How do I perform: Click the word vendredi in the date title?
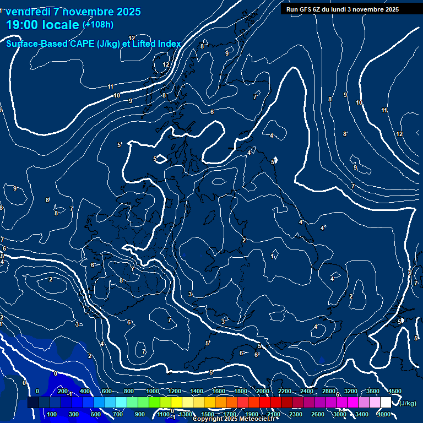[29, 12]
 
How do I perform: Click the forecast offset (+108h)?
[98, 24]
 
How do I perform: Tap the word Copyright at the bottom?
[208, 419]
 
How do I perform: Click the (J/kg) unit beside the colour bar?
[408, 404]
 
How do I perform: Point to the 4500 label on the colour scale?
[394, 391]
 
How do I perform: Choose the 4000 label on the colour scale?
[384, 414]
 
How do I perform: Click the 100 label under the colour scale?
[52, 414]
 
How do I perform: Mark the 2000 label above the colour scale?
[262, 391]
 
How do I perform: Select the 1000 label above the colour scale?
[152, 391]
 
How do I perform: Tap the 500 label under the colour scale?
[96, 414]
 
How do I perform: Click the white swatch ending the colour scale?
[386, 403]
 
